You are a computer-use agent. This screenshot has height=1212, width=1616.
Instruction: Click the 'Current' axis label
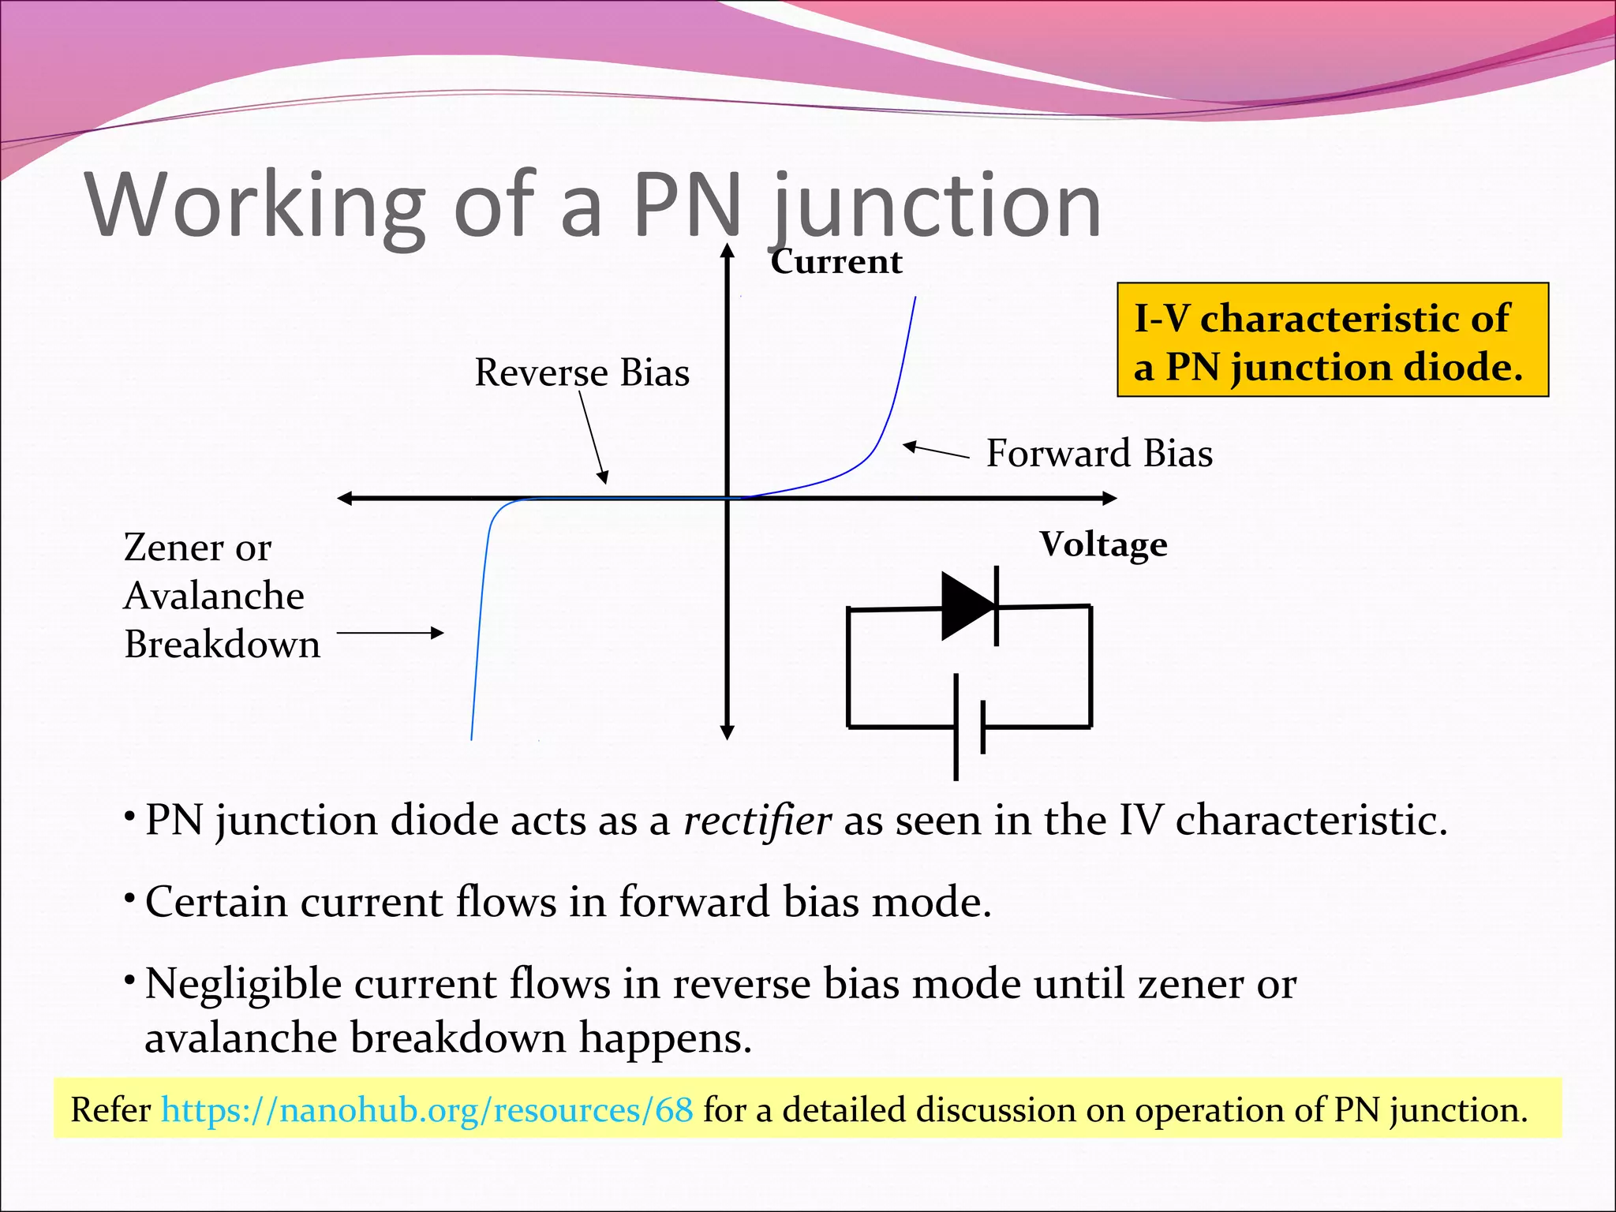tap(836, 262)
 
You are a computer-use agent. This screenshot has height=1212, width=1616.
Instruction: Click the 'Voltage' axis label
tap(1103, 544)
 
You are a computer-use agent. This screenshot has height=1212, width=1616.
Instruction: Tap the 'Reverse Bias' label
tap(582, 372)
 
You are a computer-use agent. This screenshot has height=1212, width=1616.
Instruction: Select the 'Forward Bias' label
tap(1099, 454)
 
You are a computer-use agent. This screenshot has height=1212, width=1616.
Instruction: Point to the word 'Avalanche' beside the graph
tap(214, 596)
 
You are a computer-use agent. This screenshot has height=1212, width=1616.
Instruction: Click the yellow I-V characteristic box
tap(1333, 340)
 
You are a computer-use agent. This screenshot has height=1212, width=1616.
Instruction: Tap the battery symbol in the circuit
tap(968, 727)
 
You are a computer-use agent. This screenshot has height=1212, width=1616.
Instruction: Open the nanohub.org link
tap(427, 1109)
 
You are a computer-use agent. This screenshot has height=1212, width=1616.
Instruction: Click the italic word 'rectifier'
tap(757, 821)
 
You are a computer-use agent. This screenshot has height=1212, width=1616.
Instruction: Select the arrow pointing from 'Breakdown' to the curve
tap(390, 633)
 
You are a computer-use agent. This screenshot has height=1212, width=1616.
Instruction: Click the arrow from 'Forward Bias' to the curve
tap(936, 451)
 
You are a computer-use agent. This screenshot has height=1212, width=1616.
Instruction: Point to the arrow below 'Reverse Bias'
tap(593, 437)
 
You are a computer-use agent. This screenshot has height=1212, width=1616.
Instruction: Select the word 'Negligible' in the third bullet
tap(243, 985)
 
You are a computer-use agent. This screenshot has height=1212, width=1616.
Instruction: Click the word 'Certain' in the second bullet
tap(215, 902)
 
